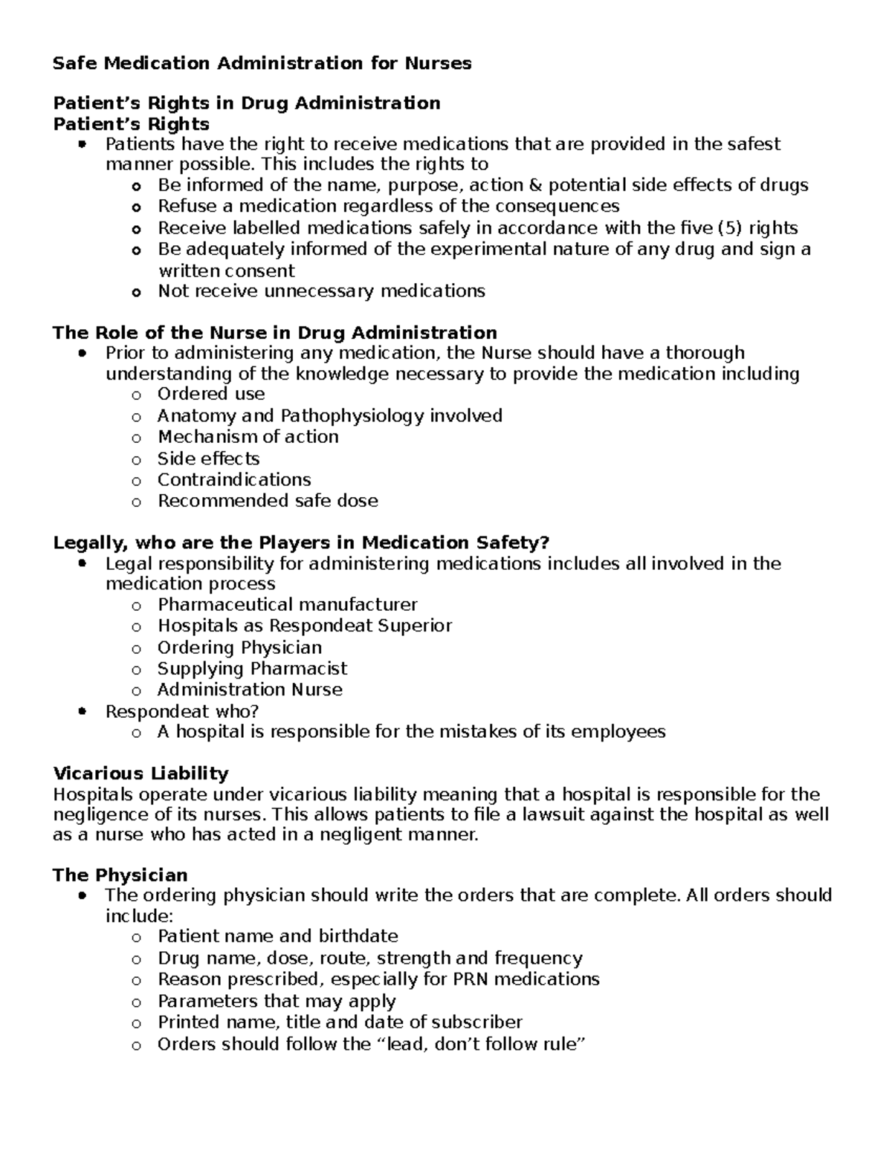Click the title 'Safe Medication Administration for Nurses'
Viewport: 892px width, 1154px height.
point(262,63)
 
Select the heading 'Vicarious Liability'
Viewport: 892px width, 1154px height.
point(140,773)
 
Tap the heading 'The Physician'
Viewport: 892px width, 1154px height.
point(120,875)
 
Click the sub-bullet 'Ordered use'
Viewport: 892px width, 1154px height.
point(211,394)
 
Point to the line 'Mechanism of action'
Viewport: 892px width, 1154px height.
point(248,436)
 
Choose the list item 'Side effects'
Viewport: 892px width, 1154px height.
point(208,458)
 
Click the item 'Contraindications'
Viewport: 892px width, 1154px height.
point(234,479)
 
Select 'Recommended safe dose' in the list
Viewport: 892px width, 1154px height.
point(268,501)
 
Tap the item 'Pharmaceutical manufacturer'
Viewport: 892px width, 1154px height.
point(287,605)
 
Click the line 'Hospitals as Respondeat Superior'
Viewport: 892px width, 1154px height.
point(304,626)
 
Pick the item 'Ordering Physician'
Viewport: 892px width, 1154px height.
point(239,647)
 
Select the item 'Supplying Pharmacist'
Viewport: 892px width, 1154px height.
point(252,669)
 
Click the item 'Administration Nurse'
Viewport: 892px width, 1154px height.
point(250,690)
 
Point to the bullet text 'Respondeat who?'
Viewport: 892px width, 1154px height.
point(182,711)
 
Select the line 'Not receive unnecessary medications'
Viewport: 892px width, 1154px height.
point(321,291)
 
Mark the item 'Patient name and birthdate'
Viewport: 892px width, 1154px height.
point(277,936)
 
